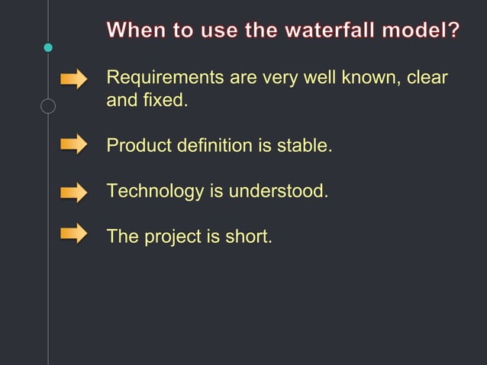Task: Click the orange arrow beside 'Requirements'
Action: coord(74,79)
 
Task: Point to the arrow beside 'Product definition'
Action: coord(74,144)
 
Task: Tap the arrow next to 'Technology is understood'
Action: coord(74,192)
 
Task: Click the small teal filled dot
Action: coord(48,47)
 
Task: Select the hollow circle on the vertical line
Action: coord(48,106)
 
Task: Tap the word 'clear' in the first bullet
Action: coord(427,78)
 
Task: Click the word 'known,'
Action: coord(369,78)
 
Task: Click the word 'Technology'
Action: coord(155,191)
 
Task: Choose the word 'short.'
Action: coord(248,237)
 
